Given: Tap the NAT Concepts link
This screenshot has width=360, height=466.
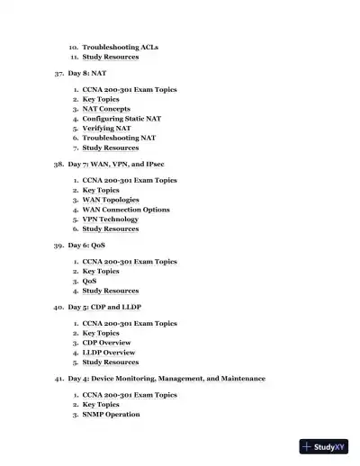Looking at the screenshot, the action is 106,109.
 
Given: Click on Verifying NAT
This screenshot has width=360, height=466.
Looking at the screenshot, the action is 106,129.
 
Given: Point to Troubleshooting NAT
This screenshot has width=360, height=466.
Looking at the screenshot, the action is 119,138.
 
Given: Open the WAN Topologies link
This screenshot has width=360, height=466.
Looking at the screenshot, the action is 112,200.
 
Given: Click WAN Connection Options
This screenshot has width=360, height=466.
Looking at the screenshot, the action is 126,210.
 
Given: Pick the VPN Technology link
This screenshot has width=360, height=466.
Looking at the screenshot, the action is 111,220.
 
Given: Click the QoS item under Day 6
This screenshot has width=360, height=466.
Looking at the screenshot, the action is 89,282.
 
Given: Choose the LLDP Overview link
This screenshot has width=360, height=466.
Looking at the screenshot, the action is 110,353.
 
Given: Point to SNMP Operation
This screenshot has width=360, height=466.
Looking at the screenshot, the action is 112,415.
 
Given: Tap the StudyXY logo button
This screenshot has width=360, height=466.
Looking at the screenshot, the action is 325,447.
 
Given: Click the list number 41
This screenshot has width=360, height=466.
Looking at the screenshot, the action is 58,379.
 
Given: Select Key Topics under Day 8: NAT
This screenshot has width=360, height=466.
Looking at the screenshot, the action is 101,100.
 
